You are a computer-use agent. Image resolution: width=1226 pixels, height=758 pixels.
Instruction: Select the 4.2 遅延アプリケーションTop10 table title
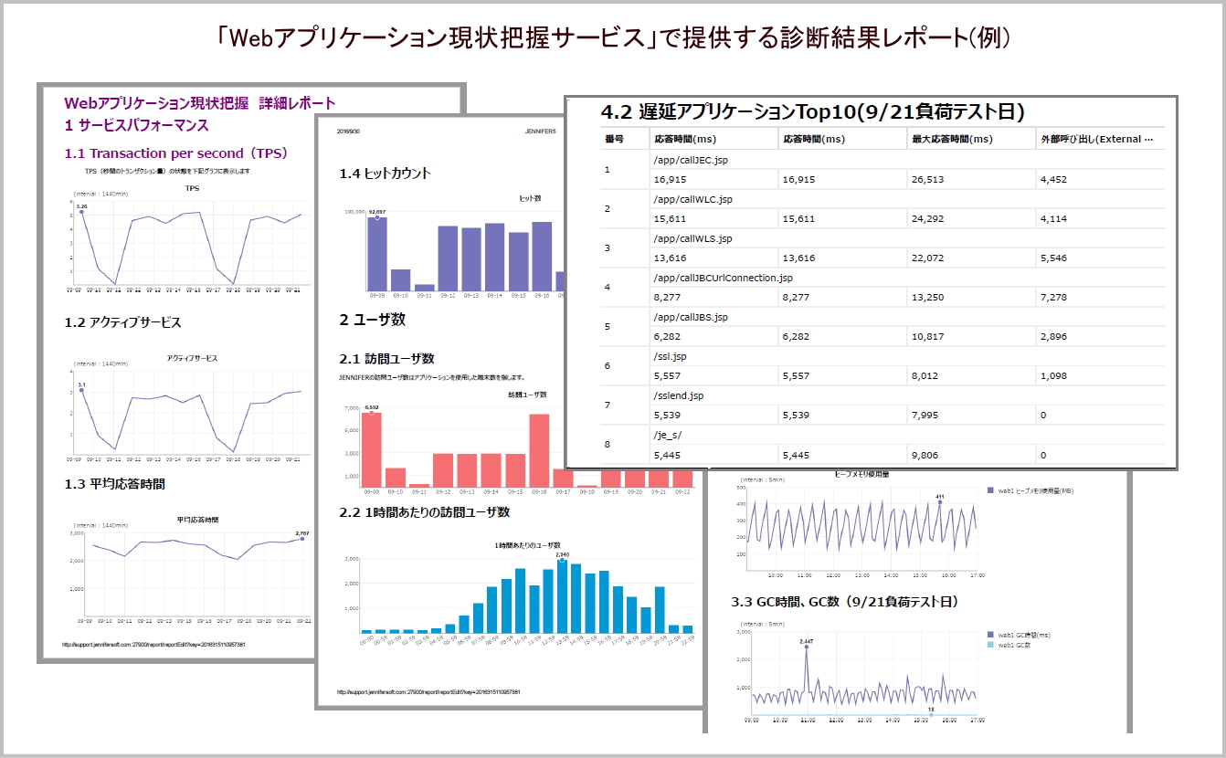[x=812, y=112]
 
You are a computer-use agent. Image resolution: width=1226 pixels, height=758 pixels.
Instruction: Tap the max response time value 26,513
[x=932, y=179]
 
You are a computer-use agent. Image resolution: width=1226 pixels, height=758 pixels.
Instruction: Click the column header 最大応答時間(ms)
[x=951, y=139]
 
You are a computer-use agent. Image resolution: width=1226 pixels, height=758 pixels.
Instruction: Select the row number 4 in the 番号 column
[x=608, y=287]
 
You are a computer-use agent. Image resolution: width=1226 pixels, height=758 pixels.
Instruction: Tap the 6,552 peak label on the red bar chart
[x=371, y=407]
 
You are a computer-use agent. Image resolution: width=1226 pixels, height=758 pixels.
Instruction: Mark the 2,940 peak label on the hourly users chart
[x=562, y=554]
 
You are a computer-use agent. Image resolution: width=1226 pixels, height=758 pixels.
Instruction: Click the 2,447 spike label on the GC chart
[x=806, y=642]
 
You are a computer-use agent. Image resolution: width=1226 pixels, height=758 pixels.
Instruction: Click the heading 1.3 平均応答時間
[x=115, y=483]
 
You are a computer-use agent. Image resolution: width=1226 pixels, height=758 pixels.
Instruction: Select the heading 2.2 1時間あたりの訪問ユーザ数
[x=424, y=512]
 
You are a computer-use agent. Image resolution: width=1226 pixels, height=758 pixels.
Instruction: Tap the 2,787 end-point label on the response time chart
[x=302, y=533]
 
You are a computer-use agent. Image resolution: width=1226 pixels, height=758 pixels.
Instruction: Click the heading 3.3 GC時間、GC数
[x=844, y=602]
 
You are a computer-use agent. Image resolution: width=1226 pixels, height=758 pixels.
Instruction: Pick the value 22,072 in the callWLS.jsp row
[x=932, y=258]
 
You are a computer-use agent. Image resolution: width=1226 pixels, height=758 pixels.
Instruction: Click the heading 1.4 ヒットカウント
[x=385, y=174]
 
